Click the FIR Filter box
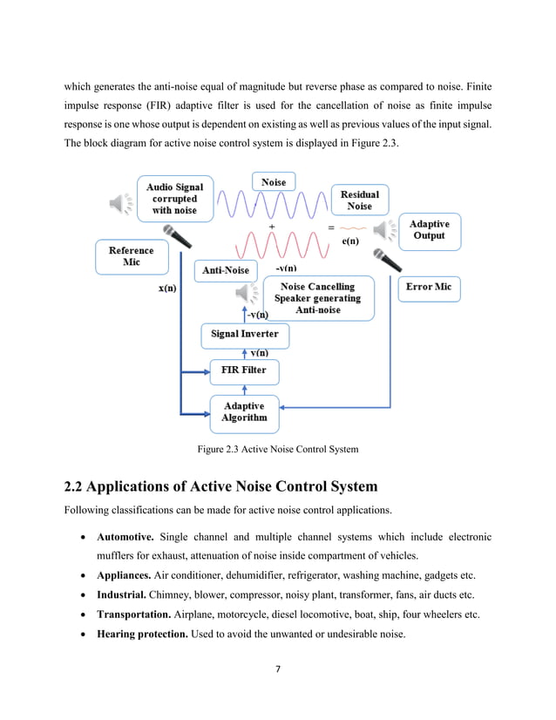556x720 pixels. pyautogui.click(x=244, y=370)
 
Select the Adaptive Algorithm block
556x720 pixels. pyautogui.click(x=244, y=411)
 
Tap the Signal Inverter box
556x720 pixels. pyautogui.click(x=244, y=334)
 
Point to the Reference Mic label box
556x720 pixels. pyautogui.click(x=131, y=256)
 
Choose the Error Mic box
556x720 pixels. pyautogui.click(x=429, y=287)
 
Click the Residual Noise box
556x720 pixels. pyautogui.click(x=359, y=200)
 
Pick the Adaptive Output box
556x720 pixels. pyautogui.click(x=429, y=230)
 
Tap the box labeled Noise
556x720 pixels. pyautogui.click(x=274, y=181)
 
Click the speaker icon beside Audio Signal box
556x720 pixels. pyautogui.click(x=120, y=203)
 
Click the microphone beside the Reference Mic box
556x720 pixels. pyautogui.click(x=178, y=236)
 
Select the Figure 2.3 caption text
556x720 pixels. pyautogui.click(x=277, y=450)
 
